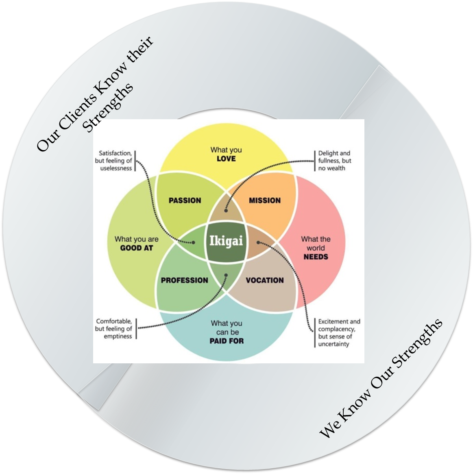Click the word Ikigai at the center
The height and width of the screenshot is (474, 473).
click(226, 241)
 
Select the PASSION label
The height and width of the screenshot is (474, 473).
click(185, 200)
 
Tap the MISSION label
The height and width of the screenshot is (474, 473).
click(265, 200)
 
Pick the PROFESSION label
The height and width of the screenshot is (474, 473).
click(184, 280)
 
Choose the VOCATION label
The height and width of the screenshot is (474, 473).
click(265, 280)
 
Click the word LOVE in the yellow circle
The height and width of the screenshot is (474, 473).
click(226, 159)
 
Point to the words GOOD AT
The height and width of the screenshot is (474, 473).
click(137, 248)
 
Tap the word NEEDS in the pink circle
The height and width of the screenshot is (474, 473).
click(316, 257)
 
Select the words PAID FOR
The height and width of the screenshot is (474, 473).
click(227, 341)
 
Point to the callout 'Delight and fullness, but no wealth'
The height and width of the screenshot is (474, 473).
click(334, 161)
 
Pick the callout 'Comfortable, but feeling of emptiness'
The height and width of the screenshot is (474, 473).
click(114, 329)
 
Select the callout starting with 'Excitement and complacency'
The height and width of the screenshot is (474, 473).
click(339, 333)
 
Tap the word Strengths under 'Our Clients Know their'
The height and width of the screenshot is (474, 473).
click(108, 107)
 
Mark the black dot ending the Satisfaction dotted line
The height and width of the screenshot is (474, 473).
click(194, 242)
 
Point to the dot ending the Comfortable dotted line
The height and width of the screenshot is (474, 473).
click(227, 275)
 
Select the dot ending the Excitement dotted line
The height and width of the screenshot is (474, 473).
click(258, 242)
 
